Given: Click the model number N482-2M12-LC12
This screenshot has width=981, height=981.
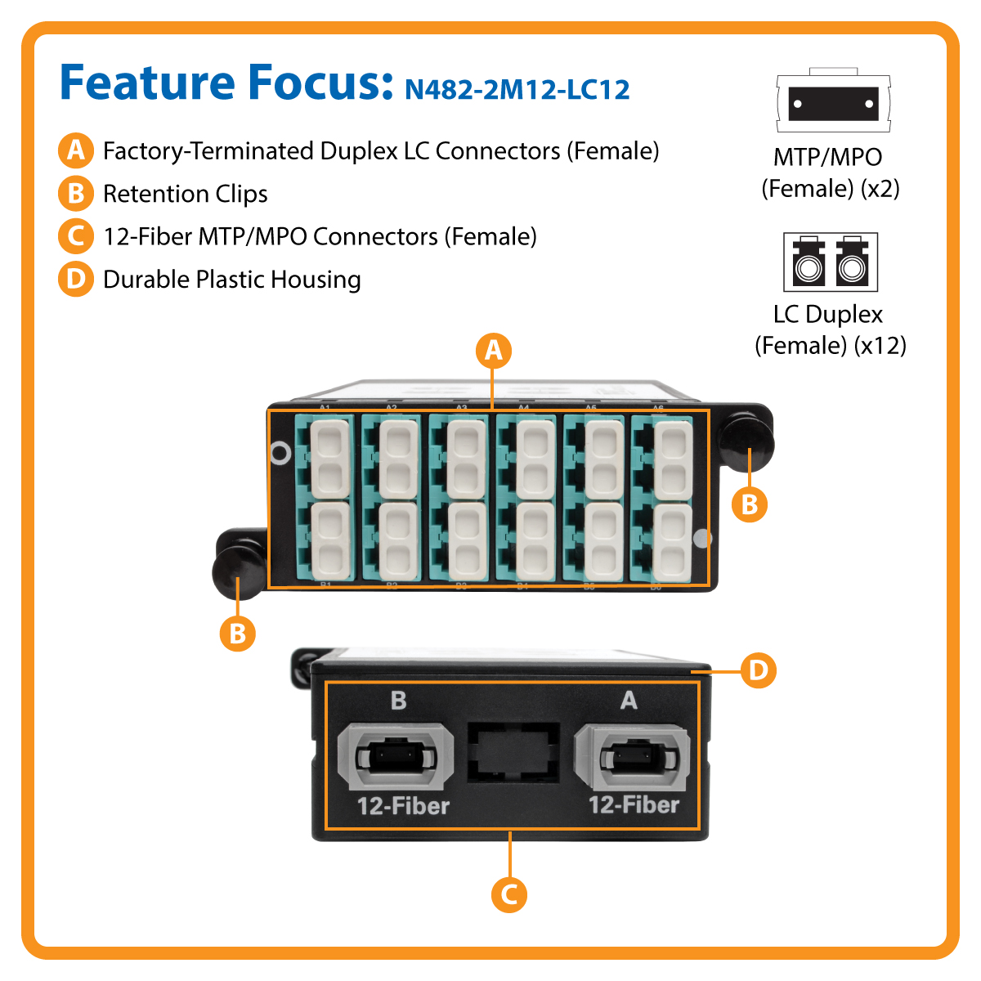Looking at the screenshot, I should pos(517,89).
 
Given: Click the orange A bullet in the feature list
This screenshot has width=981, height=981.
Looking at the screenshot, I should pos(75,150).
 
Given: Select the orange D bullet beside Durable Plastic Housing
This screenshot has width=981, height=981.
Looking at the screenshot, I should pos(75,279).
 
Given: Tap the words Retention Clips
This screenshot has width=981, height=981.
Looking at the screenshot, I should pos(186,194).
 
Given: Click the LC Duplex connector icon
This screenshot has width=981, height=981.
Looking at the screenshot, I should pos(831,262).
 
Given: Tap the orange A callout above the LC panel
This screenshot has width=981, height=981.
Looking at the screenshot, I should pos(493,351).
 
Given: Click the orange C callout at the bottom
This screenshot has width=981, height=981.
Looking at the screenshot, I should pos(508,894).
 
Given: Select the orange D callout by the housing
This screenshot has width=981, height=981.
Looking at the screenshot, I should pos(758,671).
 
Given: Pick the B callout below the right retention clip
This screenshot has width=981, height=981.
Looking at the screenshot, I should pos(749,504).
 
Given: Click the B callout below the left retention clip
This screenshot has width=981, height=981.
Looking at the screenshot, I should pos(237,634).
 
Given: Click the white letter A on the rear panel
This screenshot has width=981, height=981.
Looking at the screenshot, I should pos(629,701).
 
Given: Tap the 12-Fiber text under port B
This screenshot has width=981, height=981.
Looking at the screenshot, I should pos(403,806).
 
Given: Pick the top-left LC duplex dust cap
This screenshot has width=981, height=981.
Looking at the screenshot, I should pos(329,459).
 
